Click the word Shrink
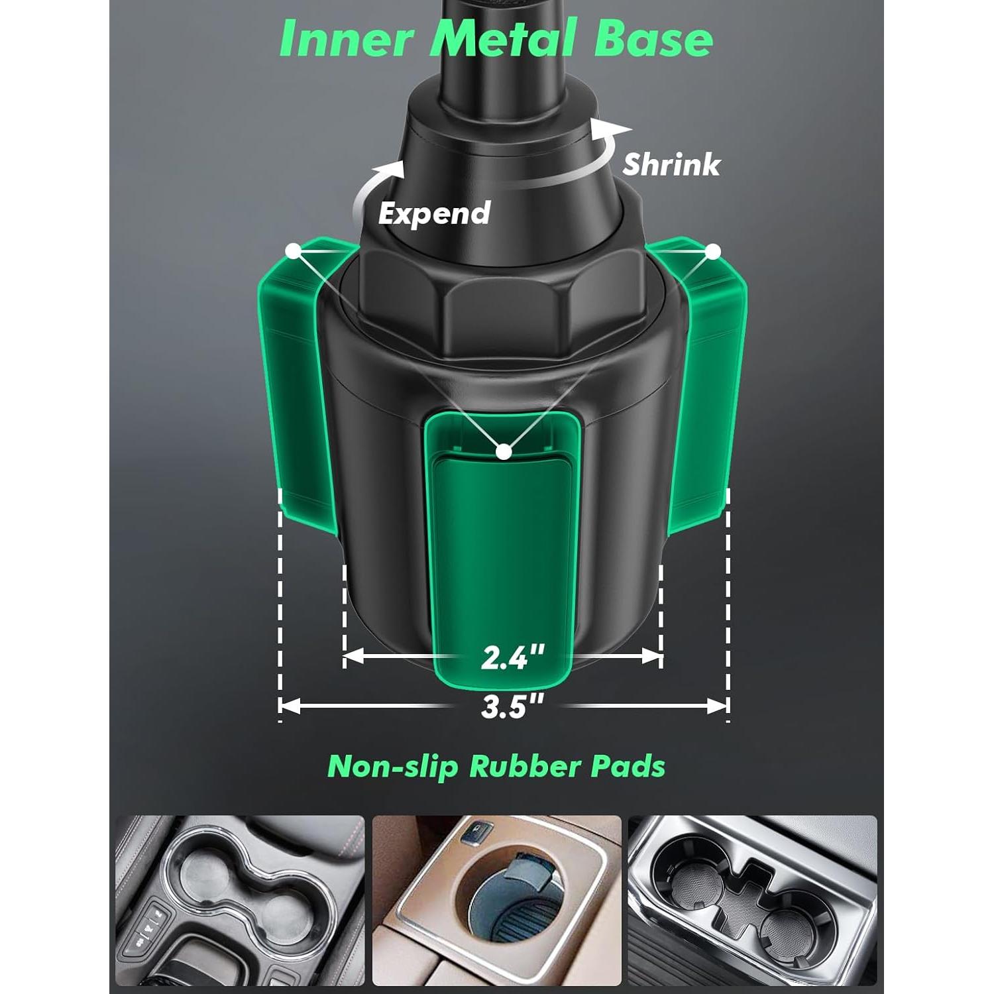[x=671, y=164]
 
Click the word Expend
[x=434, y=213]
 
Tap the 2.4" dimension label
[x=512, y=657]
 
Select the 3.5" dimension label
[x=512, y=707]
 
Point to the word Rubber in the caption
[x=522, y=767]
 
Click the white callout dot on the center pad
[x=504, y=452]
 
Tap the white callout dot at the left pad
[x=293, y=250]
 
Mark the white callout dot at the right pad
[x=713, y=251]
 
